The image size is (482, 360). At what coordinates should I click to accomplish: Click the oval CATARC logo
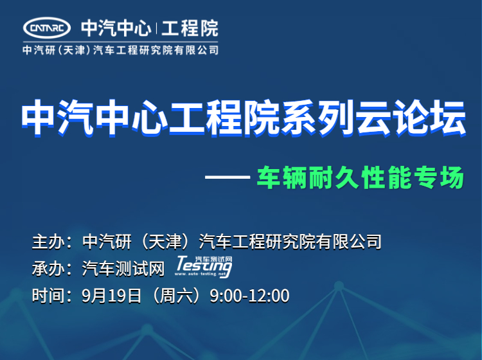tap(47, 28)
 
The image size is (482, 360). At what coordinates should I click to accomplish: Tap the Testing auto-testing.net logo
tap(204, 267)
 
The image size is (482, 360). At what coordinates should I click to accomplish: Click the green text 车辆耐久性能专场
tap(361, 177)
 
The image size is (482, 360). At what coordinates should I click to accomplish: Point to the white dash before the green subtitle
tap(228, 177)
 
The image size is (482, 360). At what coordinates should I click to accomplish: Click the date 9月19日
tap(112, 296)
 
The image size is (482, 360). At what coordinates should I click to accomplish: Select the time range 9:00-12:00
tap(249, 296)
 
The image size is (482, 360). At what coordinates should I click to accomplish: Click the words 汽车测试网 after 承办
tap(123, 268)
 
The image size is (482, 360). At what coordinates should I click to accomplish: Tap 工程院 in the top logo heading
tap(190, 28)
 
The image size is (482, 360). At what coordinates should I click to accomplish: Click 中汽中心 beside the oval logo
tap(116, 28)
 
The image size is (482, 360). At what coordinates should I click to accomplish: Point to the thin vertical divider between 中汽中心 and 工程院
tap(156, 28)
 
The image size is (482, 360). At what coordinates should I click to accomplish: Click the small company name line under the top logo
tap(121, 50)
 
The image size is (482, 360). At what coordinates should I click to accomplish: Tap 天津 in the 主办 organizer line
tap(166, 241)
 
